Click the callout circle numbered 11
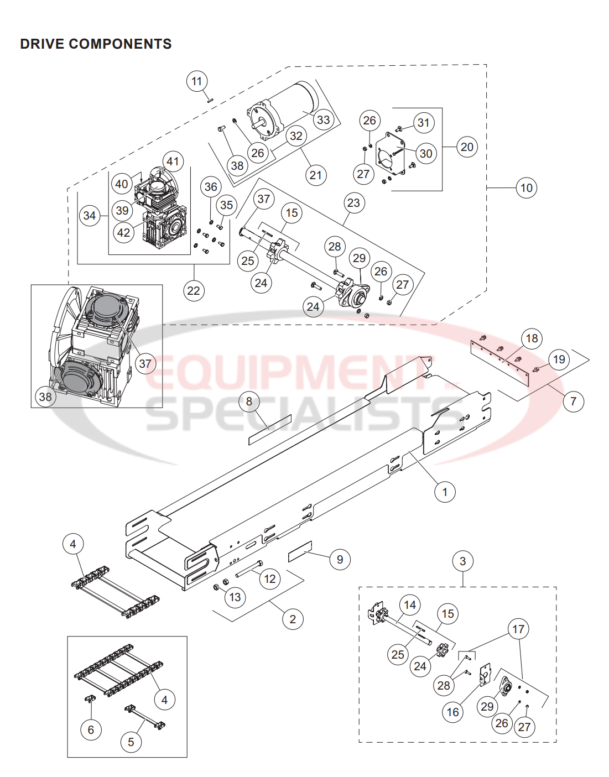coord(197,82)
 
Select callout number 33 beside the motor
coord(323,119)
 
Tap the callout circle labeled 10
coord(526,188)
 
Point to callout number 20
coord(467,147)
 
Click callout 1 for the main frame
coord(445,492)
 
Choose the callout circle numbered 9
coord(340,560)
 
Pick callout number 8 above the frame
coord(249,401)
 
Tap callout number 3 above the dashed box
coord(463,561)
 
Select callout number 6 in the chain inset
coord(91,730)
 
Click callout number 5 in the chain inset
coord(131,742)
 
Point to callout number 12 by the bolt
coord(270,579)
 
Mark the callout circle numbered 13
coord(235,597)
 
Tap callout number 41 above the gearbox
coord(173,161)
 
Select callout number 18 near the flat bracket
coord(532,338)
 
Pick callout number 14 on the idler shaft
coord(410,605)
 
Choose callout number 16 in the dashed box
coord(452,712)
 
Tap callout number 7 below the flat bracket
coord(573,401)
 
